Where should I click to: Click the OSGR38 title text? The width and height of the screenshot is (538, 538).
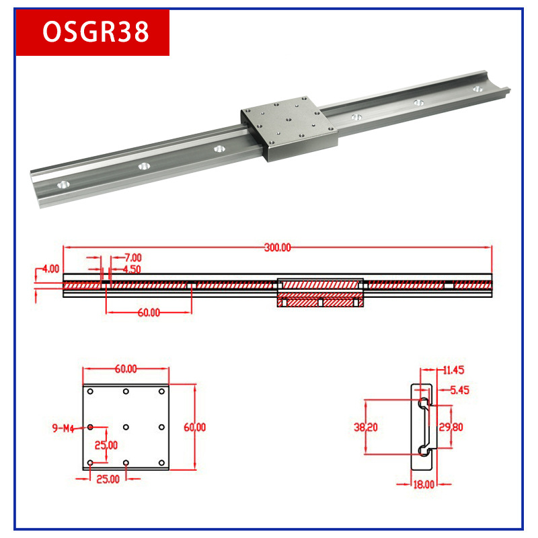click(x=95, y=32)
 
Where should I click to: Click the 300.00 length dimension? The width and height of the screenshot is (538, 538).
click(x=278, y=247)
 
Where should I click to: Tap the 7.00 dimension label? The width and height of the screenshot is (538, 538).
click(x=132, y=258)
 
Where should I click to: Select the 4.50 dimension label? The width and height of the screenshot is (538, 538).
click(x=132, y=270)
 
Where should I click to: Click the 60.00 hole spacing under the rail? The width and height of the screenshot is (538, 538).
click(x=149, y=313)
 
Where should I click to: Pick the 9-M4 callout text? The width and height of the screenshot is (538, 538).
click(x=63, y=428)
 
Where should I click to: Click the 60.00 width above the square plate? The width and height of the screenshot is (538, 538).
click(x=126, y=369)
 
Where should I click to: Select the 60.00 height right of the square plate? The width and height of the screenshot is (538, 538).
click(x=194, y=427)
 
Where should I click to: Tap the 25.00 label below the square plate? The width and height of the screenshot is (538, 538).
click(x=108, y=479)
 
